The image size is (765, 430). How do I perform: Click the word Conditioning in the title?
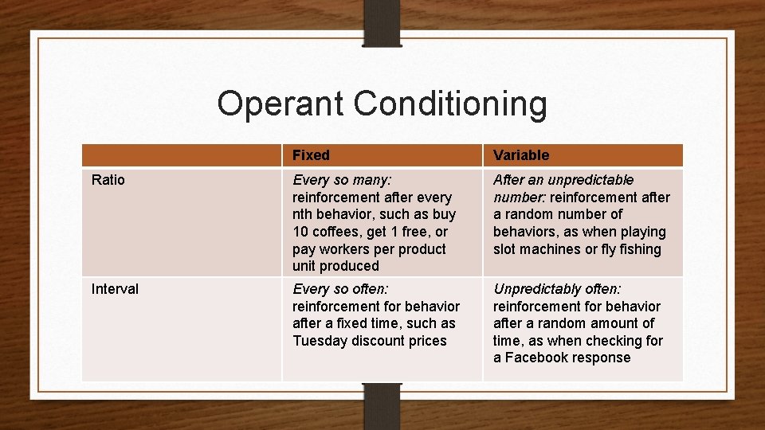[x=450, y=104]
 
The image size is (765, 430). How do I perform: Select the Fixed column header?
[x=311, y=155]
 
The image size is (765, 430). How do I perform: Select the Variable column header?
[x=521, y=155]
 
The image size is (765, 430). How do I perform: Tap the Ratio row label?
[x=108, y=180]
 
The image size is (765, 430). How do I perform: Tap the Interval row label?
[x=115, y=289]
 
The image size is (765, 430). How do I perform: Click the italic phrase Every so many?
[x=340, y=180]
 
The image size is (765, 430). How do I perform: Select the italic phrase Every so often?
[x=340, y=289]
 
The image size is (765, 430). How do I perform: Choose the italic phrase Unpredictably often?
[x=557, y=289]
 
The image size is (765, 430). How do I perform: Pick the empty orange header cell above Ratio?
[x=182, y=155]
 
